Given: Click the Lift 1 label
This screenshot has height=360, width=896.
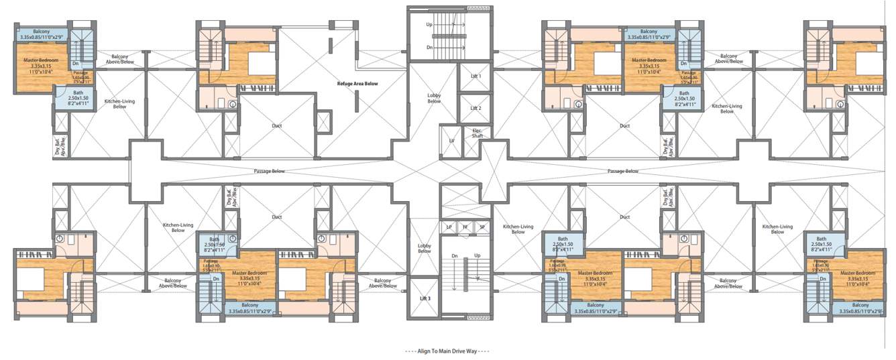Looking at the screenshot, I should pos(475,76).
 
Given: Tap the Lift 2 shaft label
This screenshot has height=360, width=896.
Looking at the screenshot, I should pos(475,107).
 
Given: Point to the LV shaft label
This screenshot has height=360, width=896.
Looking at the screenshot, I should pos(452,141).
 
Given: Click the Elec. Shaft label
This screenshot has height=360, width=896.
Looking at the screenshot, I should pos(478,133).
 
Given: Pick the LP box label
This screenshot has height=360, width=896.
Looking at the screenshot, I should pos(449,227).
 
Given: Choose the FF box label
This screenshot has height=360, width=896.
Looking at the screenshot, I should pos(465,227).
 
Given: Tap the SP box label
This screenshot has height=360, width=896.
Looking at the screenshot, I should pos(482,227).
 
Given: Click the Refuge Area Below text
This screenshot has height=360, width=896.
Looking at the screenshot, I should pos(357,84).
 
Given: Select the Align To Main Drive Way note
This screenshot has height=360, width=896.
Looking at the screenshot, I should pos(447,351).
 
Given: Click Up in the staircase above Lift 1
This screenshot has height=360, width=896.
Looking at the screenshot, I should pos(429,24).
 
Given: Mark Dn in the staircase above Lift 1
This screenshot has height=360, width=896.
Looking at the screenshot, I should pos(429,48).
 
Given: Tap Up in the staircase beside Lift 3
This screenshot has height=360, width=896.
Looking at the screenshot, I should pos(478,255).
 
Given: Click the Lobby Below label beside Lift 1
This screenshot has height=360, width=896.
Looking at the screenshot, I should pos(434,98).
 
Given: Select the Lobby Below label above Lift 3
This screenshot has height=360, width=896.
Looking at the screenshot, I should pos(425,248).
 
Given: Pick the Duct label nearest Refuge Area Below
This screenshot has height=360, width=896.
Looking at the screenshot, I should pos(277,125).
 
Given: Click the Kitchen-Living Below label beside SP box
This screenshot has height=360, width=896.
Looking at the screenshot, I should pos(518,229).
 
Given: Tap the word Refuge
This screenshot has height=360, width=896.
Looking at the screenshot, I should pos(345,84).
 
